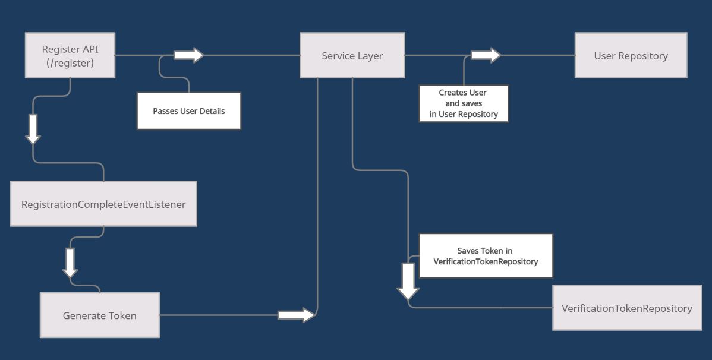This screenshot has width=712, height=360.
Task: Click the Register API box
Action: (70, 55)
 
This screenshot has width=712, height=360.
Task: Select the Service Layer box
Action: (352, 55)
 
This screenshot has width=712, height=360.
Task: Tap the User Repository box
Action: (631, 55)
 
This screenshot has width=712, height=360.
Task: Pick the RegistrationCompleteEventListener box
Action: (103, 204)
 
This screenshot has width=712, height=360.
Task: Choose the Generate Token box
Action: (99, 315)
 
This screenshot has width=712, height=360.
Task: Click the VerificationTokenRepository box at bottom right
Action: (626, 308)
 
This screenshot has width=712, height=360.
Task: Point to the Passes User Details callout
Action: (189, 111)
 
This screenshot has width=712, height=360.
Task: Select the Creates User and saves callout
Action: (464, 103)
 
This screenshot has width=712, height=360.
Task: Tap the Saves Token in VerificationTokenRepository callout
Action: (486, 256)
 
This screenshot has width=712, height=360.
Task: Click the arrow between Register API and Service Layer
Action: (188, 55)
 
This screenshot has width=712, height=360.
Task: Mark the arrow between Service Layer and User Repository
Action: (486, 55)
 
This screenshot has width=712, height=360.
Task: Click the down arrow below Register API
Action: (33, 129)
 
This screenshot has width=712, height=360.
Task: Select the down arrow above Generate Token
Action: (70, 263)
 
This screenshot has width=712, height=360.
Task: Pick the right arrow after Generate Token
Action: (296, 315)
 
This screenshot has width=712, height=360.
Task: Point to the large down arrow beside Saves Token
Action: (408, 281)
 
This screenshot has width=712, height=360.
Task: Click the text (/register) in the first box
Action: (70, 62)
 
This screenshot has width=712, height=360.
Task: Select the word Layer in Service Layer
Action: (370, 56)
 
